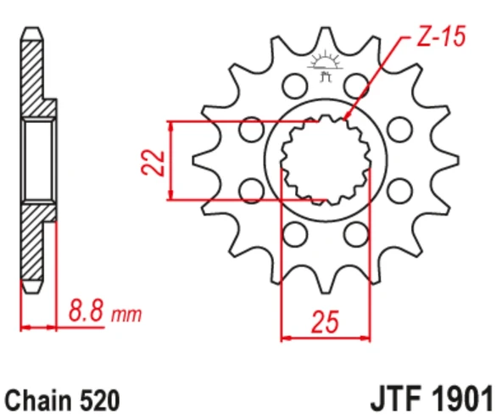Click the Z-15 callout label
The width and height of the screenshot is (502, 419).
click(441, 36)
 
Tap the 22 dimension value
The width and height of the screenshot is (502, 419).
click(153, 162)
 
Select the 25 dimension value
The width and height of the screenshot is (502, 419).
click(325, 321)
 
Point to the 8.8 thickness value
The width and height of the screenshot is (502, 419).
click(86, 310)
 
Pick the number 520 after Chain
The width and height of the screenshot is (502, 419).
click(100, 400)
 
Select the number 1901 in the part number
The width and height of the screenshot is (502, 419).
click(461, 399)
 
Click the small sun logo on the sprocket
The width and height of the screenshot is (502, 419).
click(326, 65)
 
